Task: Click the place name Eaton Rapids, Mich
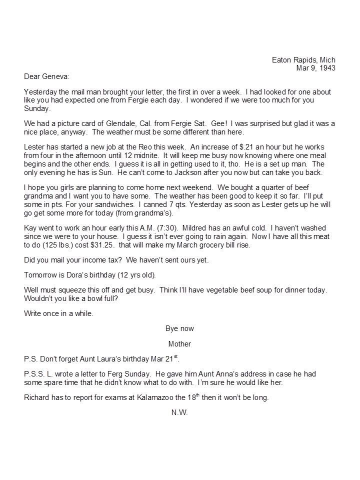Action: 303,60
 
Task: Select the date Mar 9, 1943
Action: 316,68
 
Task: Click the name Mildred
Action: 183,228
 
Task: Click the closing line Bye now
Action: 179,328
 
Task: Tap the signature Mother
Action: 179,344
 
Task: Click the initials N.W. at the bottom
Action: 179,413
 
